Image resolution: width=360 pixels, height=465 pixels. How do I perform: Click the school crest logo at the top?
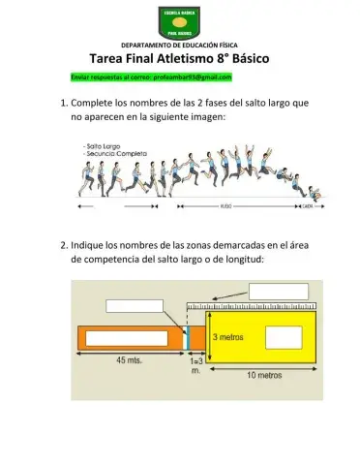[x=179, y=21]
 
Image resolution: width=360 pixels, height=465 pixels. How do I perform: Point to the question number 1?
[x=64, y=102]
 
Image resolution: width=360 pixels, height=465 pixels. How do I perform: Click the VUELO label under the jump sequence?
[x=225, y=206]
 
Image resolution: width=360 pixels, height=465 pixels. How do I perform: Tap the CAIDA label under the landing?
[x=308, y=206]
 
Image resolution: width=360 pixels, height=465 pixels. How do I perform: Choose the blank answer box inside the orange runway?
[x=126, y=338]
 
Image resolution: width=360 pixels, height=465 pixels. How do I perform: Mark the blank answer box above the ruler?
[x=279, y=292]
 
